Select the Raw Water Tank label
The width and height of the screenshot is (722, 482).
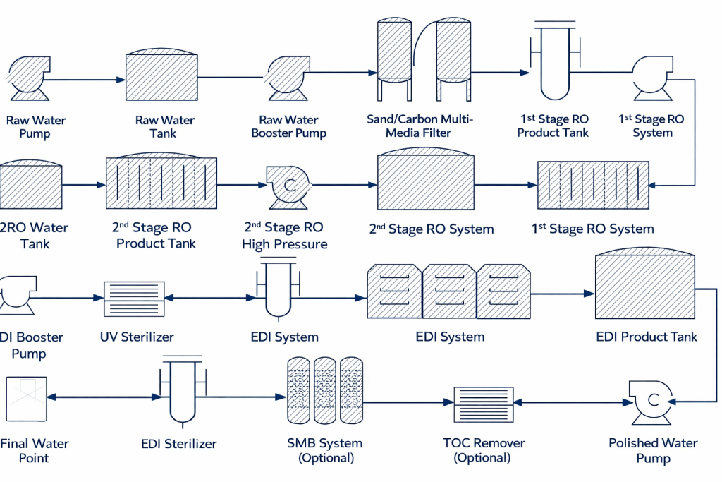[x=165, y=127]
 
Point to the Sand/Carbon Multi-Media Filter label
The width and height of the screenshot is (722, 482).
[x=420, y=126]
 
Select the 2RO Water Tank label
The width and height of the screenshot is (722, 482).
[x=33, y=236]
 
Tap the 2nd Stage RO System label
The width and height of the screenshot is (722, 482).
[x=431, y=229]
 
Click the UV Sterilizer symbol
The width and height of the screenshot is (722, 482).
[x=133, y=299]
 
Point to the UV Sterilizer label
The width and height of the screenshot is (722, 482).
[x=137, y=337]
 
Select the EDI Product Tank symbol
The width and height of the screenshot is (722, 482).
[x=644, y=287]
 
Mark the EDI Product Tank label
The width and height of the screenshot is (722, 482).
[x=646, y=337]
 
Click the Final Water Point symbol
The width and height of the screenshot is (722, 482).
[x=27, y=399]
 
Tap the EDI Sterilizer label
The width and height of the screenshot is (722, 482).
[x=179, y=444]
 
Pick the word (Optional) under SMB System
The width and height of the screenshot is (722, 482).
[x=325, y=458]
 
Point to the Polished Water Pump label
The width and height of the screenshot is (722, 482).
[x=653, y=450]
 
